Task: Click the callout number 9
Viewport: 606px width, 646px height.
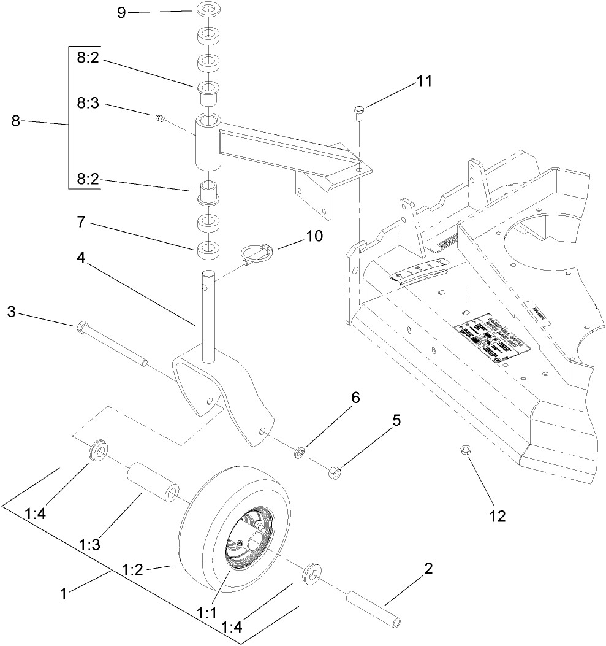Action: (x=121, y=12)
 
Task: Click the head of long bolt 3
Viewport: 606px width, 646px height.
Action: (x=81, y=327)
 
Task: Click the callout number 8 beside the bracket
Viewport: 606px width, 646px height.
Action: (x=17, y=121)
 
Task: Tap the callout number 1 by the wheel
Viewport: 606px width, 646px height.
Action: (x=62, y=593)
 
